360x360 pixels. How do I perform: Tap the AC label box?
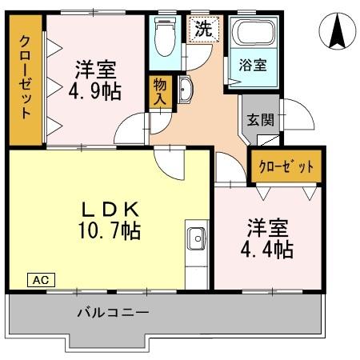(x=42, y=279)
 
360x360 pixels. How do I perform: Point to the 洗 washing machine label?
(x=204, y=30)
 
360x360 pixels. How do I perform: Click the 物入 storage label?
(x=159, y=92)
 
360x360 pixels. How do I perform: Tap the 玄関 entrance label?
(x=260, y=122)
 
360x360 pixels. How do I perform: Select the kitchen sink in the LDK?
(x=197, y=238)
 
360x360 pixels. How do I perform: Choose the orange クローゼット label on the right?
(x=286, y=167)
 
